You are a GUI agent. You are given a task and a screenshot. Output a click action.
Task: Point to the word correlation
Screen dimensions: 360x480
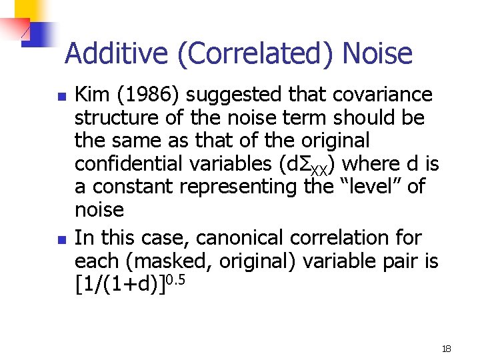click(355, 238)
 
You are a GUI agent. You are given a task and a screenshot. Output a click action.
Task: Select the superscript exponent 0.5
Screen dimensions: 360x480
click(174, 278)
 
